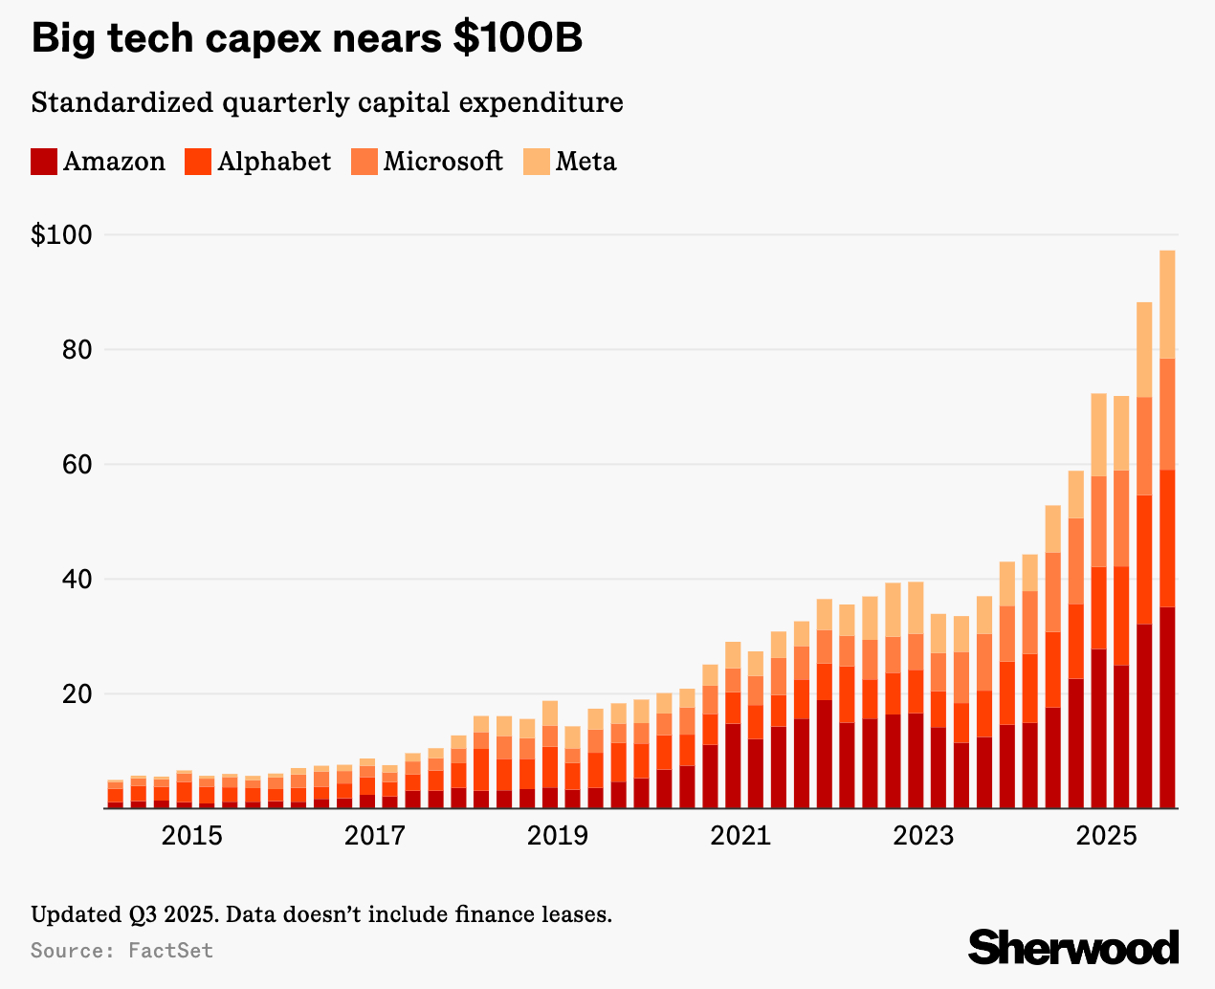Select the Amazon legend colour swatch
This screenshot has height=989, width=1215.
click(44, 162)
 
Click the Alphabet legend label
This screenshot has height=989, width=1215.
click(274, 162)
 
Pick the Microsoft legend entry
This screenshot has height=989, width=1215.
click(442, 162)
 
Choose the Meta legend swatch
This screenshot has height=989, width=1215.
click(537, 162)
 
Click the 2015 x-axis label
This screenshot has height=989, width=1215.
click(191, 836)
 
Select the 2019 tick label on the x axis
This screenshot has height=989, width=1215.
click(558, 836)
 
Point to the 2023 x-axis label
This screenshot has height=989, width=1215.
click(923, 836)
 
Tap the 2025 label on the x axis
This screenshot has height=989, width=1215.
click(1106, 836)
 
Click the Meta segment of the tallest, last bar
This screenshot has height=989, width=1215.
click(1167, 304)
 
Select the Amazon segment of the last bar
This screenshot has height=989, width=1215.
click(1167, 708)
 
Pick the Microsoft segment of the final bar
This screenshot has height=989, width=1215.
click(1167, 414)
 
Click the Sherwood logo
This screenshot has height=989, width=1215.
click(1073, 947)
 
